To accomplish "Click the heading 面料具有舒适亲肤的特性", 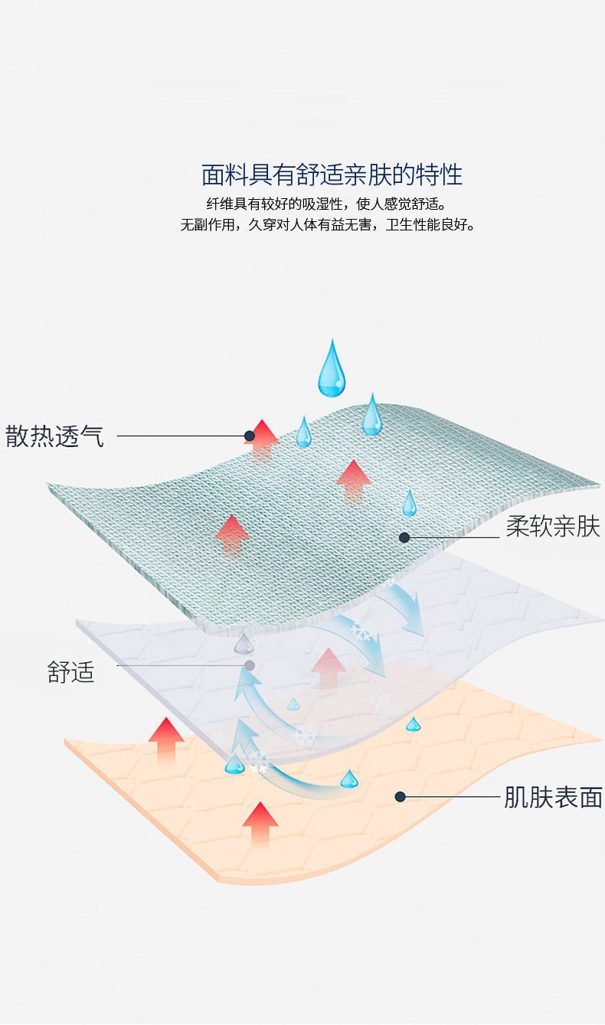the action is pos(332,175).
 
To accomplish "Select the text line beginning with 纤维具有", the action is pos(326,204).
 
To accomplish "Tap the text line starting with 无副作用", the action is pos(328,225).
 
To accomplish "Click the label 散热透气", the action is pos(54,437).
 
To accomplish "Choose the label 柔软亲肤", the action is pos(552,527).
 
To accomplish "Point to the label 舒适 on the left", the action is pos(71,672).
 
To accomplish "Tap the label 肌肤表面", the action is pos(552,797).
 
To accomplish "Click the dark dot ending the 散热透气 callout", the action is pos(249,436).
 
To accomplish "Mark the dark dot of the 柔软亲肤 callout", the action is pos(404,537).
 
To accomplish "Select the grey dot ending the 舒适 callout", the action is pos(250,665).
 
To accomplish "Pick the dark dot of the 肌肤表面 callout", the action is pos(400,797).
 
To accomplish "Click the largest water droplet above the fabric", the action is pos(332,370).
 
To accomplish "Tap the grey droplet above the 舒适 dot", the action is pos(244,643).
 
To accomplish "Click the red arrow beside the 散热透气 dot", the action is pos(263,440).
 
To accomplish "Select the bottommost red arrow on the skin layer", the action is pos(260,823).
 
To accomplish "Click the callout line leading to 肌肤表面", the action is pos(452,797).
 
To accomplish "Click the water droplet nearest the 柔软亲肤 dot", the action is pos(410,503).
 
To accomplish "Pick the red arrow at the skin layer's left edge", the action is pos(166,740).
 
